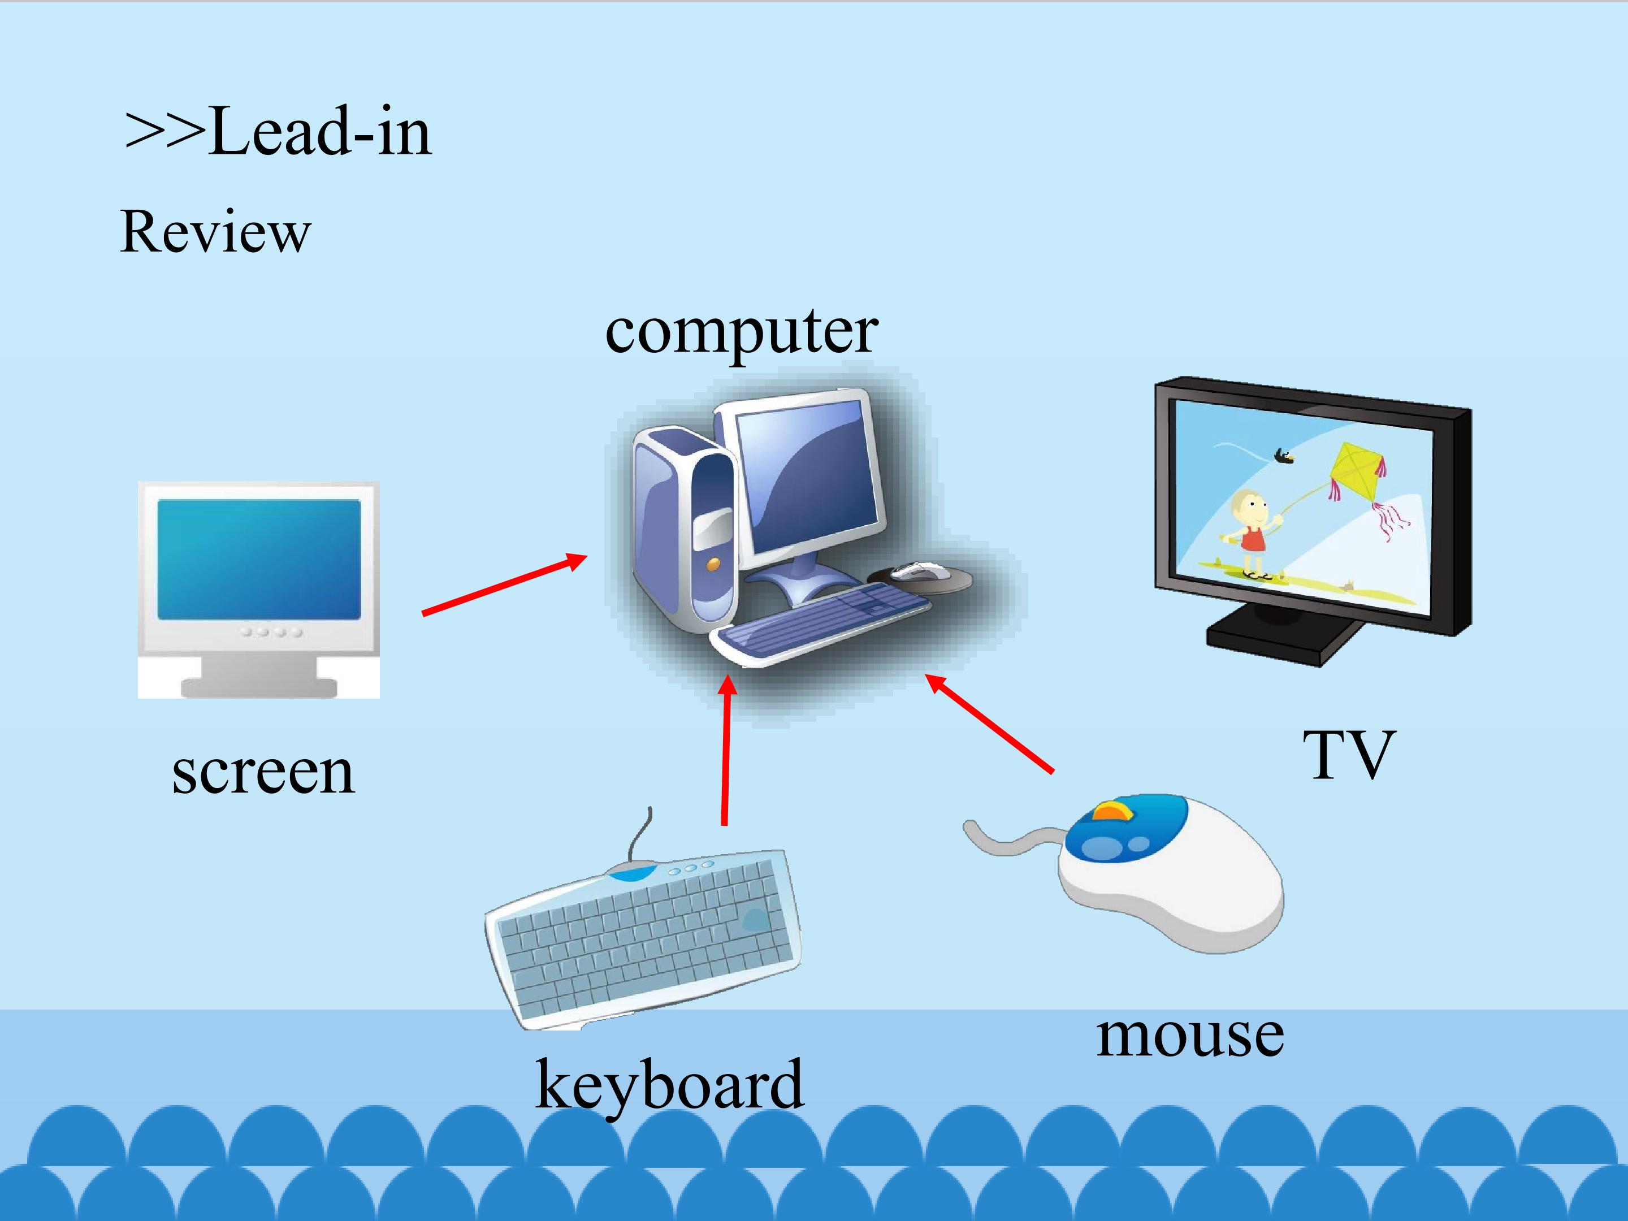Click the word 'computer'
click(x=741, y=332)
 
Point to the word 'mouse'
click(x=1190, y=1036)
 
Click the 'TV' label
click(x=1349, y=755)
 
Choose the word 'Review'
click(x=215, y=232)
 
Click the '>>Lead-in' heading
click(x=278, y=132)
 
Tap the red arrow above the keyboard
click(x=727, y=750)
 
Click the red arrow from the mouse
click(x=989, y=724)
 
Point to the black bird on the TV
click(x=1284, y=457)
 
